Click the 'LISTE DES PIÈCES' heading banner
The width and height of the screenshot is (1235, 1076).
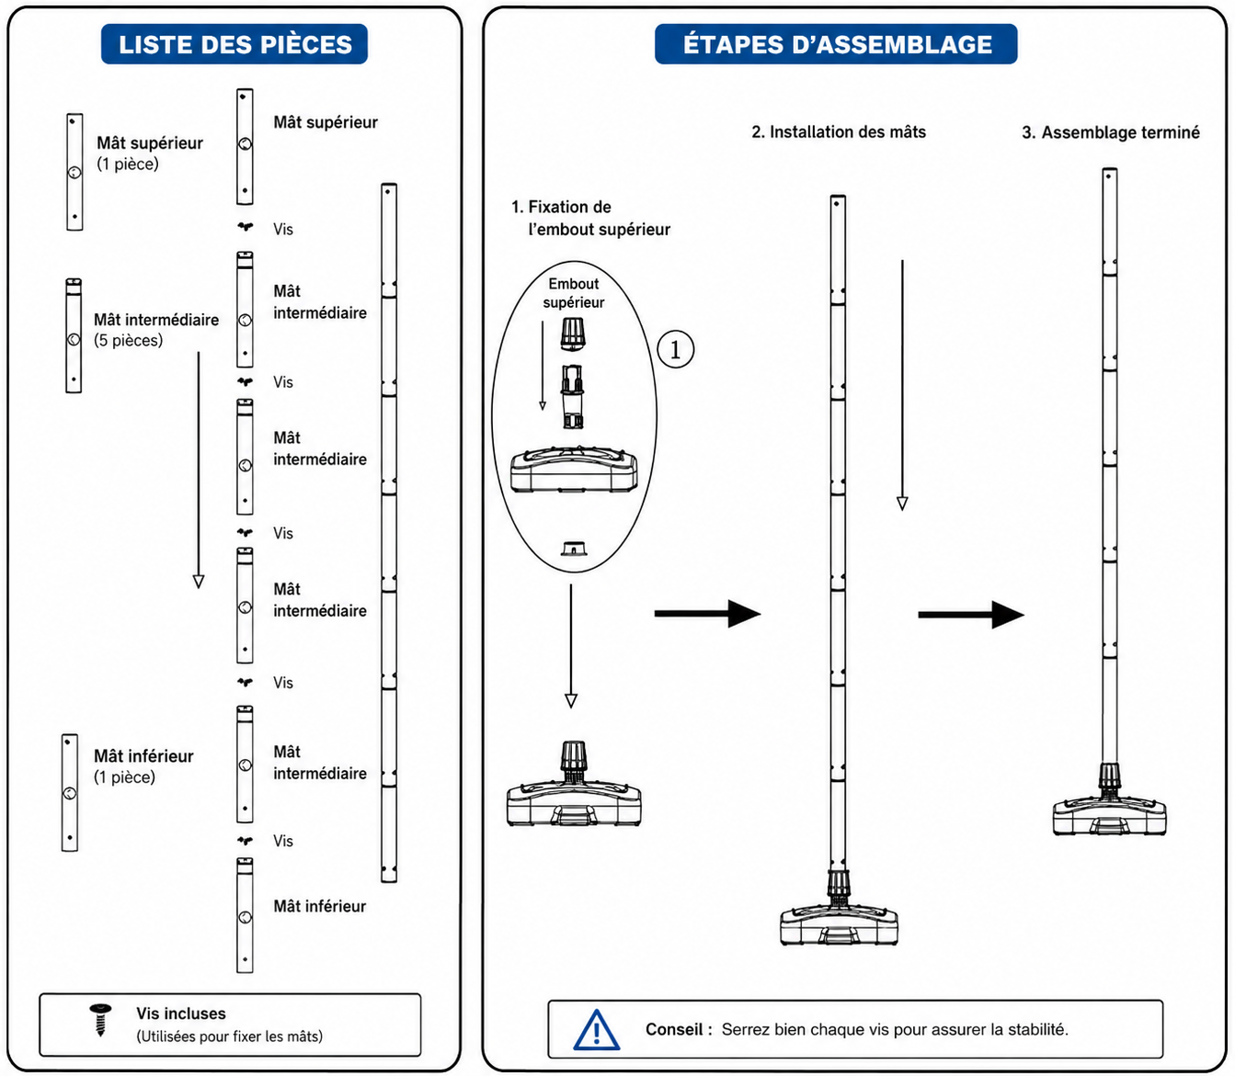coord(234,44)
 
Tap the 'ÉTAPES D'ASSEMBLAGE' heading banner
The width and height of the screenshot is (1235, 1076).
coord(836,44)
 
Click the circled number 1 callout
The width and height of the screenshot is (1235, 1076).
coord(676,349)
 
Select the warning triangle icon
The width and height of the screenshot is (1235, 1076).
coord(597,1029)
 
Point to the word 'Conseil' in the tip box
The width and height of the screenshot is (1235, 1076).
coord(674,1029)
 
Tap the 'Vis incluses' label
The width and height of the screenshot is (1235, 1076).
coord(181,1014)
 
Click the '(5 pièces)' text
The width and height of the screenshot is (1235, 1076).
coord(128,340)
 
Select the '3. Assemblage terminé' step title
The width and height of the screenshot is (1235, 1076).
coord(1111,132)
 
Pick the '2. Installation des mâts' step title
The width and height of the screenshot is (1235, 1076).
coord(839,132)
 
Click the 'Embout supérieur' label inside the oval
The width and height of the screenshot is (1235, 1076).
coord(574,292)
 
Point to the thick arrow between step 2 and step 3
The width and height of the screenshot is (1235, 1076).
coord(970,615)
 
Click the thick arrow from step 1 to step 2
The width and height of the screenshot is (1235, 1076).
coord(707,614)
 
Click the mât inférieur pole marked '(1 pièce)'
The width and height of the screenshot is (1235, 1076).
coord(70,792)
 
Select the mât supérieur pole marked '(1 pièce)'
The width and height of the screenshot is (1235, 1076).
coord(74,172)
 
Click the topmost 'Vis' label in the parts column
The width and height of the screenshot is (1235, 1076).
coord(283,229)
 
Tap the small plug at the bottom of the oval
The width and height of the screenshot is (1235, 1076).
coord(574,549)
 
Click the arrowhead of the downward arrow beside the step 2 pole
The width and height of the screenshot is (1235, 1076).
coord(902,504)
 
